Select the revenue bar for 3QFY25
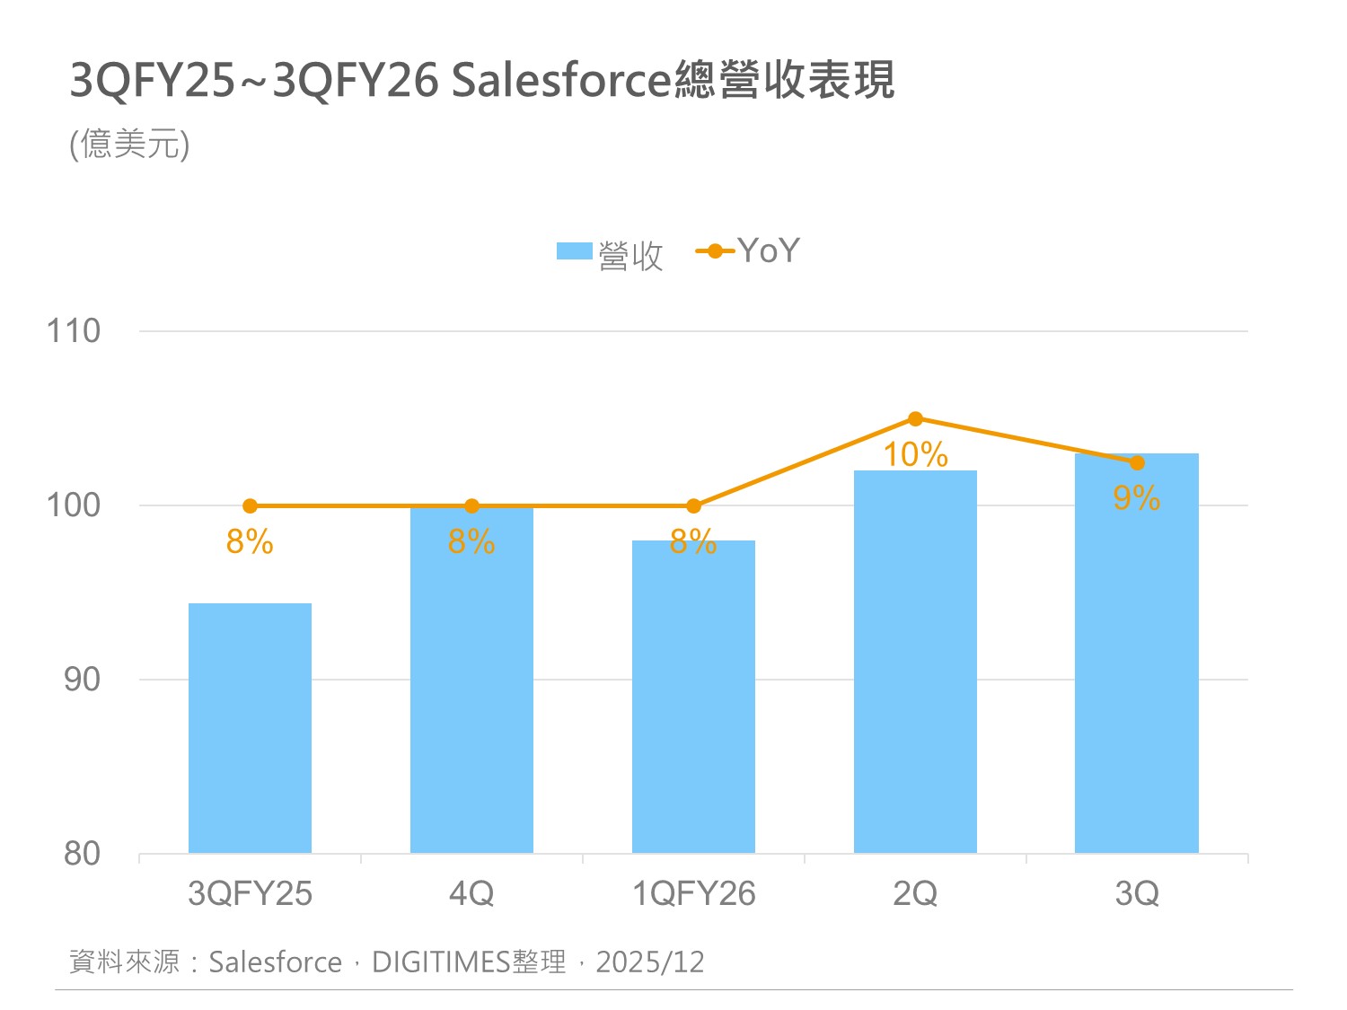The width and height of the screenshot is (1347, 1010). pyautogui.click(x=250, y=728)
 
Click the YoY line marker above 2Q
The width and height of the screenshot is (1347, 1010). pyautogui.click(x=915, y=418)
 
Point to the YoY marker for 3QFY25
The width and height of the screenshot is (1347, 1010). pyautogui.click(x=250, y=506)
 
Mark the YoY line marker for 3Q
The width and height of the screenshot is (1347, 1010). pyautogui.click(x=1137, y=463)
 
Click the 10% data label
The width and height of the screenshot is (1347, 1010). pyautogui.click(x=915, y=455)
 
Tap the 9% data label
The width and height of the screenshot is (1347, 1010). pyautogui.click(x=1136, y=498)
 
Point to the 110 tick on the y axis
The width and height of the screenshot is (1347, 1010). pyautogui.click(x=74, y=331)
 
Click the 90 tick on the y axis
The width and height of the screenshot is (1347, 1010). pyautogui.click(x=82, y=680)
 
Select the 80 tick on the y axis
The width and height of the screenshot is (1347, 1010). pyautogui.click(x=82, y=854)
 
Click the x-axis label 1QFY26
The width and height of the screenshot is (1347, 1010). pyautogui.click(x=693, y=894)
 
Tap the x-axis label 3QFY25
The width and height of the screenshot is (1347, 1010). pyautogui.click(x=250, y=894)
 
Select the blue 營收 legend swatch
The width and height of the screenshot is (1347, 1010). pyautogui.click(x=575, y=251)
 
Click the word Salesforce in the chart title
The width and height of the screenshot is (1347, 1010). pyautogui.click(x=561, y=81)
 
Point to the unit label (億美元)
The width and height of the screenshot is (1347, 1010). pyautogui.click(x=130, y=145)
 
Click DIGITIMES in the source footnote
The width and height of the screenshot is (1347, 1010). pyautogui.click(x=441, y=962)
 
